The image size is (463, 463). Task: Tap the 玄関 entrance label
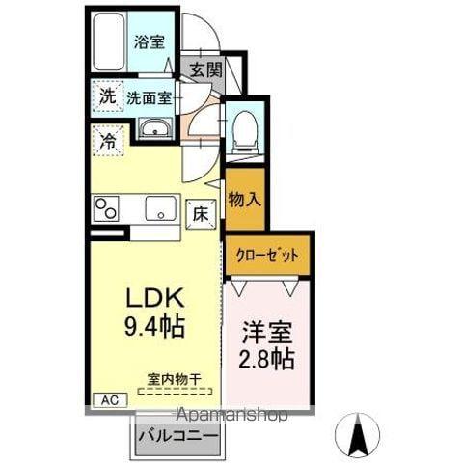coord(204,69)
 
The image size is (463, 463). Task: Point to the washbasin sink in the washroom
coord(153,129)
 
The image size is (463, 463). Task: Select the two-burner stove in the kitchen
coord(105,207)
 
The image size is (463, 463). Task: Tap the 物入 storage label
coord(243,200)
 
